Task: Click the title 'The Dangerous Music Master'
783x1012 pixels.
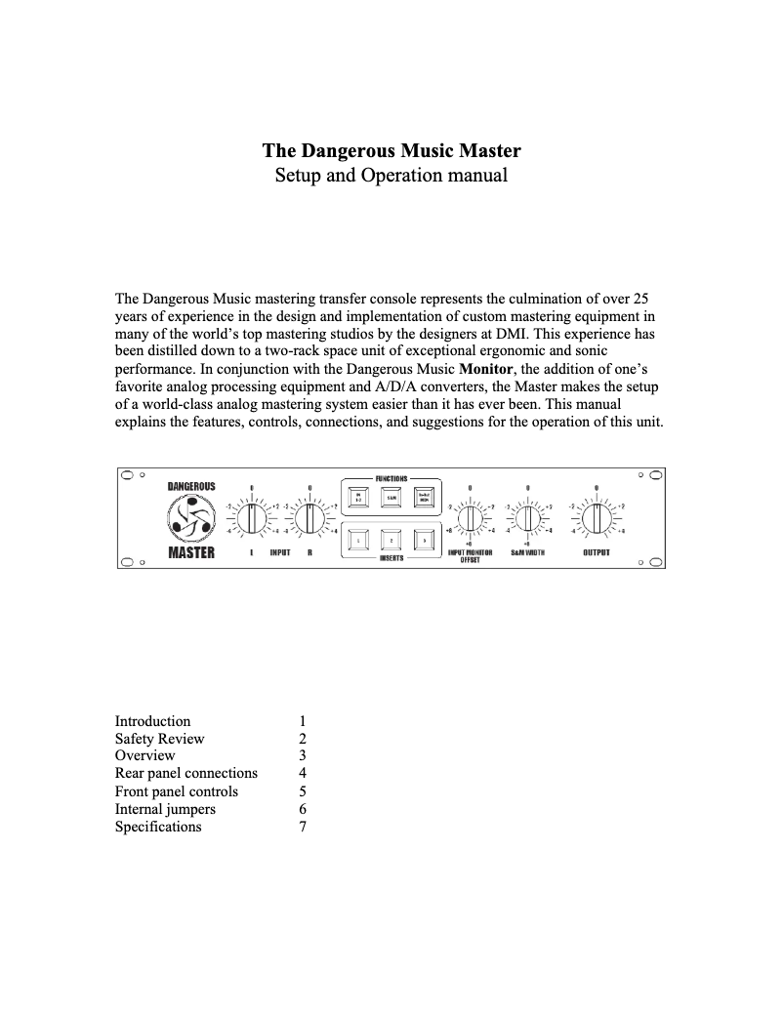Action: [391, 151]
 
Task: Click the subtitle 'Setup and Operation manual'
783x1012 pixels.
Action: [391, 177]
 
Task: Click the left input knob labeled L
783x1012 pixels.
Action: [252, 518]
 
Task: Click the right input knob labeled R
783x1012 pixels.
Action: [309, 518]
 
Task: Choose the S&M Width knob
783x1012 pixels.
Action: [527, 518]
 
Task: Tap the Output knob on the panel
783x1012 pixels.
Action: [597, 518]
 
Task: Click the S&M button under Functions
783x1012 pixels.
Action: [391, 497]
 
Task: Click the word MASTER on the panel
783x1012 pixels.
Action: [191, 553]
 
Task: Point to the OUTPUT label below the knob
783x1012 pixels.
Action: [597, 552]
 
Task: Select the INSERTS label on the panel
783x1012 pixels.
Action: [391, 559]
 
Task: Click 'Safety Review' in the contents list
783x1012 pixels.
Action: [159, 739]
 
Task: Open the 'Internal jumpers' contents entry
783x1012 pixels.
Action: [165, 809]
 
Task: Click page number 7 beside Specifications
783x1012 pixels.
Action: [303, 827]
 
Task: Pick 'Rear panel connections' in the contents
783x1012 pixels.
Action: [186, 774]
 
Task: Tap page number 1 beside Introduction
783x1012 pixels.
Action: [303, 721]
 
